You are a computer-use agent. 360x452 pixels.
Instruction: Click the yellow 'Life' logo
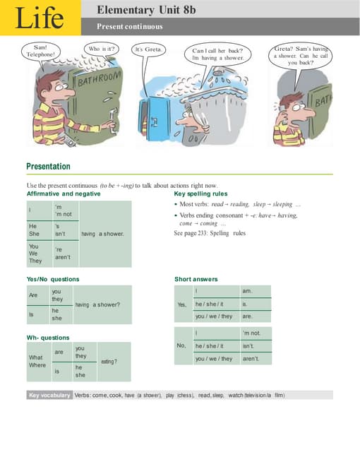[39, 18]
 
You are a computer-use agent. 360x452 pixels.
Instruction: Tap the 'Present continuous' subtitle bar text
[130, 27]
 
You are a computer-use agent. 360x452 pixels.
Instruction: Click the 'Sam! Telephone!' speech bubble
[40, 51]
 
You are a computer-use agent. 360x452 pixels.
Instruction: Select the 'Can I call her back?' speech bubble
[218, 54]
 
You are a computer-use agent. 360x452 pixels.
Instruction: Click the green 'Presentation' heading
[48, 167]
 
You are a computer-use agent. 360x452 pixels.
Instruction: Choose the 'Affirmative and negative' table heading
[63, 194]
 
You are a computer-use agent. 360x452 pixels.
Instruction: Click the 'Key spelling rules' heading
[200, 194]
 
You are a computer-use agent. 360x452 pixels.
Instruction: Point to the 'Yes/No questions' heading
[53, 279]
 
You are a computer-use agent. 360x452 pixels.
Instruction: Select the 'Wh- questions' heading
[48, 338]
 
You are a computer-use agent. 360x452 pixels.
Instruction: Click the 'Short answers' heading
[196, 279]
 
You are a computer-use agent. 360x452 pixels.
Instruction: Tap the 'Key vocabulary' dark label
[49, 395]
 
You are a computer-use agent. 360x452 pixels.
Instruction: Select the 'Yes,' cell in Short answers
[182, 304]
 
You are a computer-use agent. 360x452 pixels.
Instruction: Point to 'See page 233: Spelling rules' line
[210, 233]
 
